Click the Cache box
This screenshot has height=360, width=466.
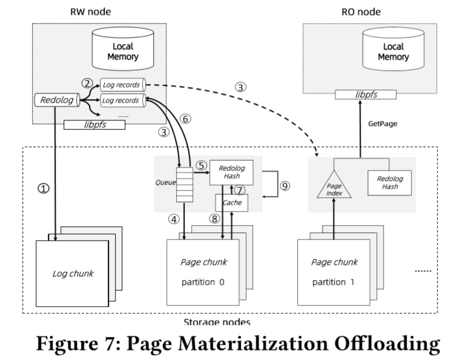click(232, 203)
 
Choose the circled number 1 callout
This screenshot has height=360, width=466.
click(43, 188)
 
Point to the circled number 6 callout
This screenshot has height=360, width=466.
click(186, 120)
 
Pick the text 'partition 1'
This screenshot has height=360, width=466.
click(333, 283)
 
